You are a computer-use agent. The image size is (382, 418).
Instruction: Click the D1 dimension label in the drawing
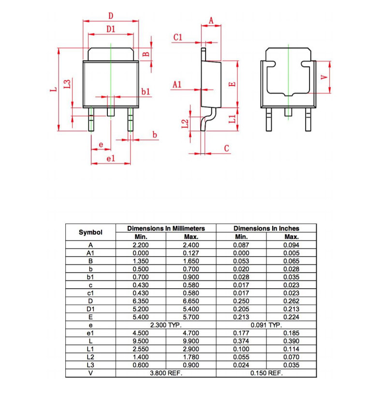point(111,29)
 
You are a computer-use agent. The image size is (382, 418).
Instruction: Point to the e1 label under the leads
point(111,159)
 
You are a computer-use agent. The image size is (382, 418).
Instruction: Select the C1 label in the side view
point(177,37)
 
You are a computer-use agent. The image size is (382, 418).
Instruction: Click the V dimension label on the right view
point(324,77)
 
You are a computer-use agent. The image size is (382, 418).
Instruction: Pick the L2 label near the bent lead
point(185,124)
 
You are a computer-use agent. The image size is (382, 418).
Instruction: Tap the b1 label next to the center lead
point(146,92)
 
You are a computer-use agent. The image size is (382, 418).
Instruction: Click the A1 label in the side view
point(177,85)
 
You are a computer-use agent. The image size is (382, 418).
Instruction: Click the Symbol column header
point(90,232)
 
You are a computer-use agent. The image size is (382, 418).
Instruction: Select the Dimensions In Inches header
point(266,228)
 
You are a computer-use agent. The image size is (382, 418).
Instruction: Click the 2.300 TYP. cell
point(166,325)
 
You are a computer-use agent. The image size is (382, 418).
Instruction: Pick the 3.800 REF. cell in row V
point(166,373)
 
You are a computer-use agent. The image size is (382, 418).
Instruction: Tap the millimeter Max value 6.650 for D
point(191,301)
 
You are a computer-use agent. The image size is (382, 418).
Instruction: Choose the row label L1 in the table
point(90,349)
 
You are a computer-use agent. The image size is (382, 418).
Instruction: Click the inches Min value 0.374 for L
point(241,341)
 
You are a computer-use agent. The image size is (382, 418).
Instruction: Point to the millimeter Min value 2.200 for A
point(141,245)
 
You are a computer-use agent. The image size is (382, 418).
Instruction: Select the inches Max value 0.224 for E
point(292,317)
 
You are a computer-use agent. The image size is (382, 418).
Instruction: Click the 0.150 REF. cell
point(266,373)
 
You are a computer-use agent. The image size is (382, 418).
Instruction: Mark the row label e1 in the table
point(90,333)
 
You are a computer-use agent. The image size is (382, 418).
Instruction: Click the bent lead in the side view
point(208,119)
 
